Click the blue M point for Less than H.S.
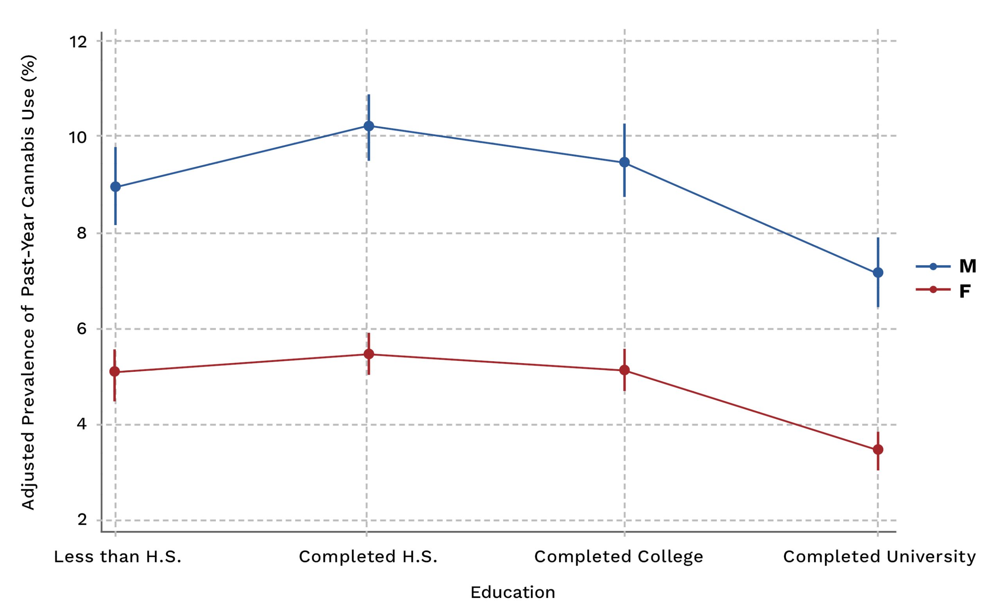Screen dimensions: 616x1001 116,187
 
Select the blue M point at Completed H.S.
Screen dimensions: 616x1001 369,126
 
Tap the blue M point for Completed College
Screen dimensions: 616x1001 624,162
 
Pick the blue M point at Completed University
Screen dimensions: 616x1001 878,272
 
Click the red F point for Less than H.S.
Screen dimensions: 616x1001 115,371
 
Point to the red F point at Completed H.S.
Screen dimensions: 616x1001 369,354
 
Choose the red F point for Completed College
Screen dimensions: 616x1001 624,370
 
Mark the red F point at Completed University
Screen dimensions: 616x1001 878,450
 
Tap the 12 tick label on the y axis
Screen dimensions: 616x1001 78,41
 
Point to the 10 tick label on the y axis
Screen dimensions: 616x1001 78,137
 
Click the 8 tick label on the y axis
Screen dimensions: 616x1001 82,233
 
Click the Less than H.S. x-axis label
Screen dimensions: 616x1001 118,557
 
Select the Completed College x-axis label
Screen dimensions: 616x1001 618,557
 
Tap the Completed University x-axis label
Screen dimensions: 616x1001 879,557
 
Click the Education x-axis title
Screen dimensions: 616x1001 513,593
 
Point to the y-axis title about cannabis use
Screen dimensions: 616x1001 29,282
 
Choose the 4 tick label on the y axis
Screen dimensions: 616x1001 82,425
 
